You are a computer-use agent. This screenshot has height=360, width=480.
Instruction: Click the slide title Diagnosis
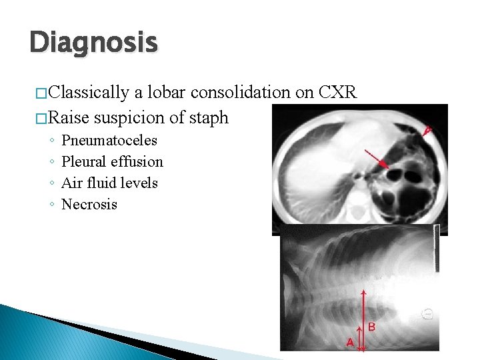pos(93,42)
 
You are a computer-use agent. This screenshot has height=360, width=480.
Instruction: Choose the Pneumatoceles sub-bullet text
pos(109,141)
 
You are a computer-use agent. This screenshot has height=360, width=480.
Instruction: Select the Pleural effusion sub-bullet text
pos(112,162)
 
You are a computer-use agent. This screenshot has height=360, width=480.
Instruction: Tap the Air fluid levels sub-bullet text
pos(109,183)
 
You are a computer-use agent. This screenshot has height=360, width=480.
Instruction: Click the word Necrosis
pos(89,204)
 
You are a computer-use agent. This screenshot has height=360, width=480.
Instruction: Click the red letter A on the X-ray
pos(350,342)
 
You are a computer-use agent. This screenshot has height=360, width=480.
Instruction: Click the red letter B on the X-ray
pos(371,327)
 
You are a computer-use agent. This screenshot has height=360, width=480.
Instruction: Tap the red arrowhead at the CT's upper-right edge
pos(427,131)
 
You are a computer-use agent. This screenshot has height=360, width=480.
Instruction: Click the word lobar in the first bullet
pos(163,92)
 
